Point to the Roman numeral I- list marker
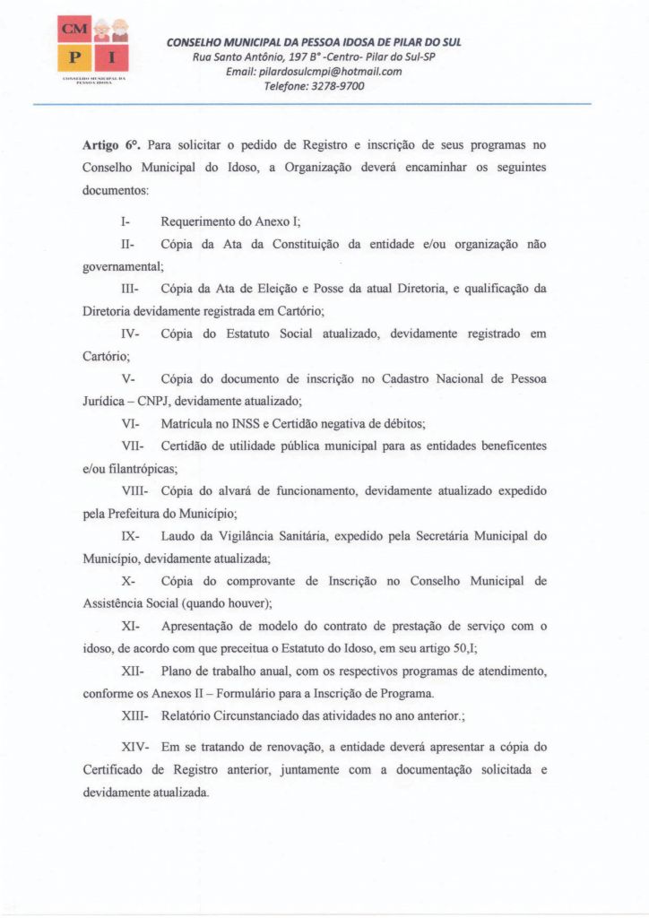(125, 221)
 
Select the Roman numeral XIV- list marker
(135, 746)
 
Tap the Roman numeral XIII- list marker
(134, 716)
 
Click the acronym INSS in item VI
(237, 422)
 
